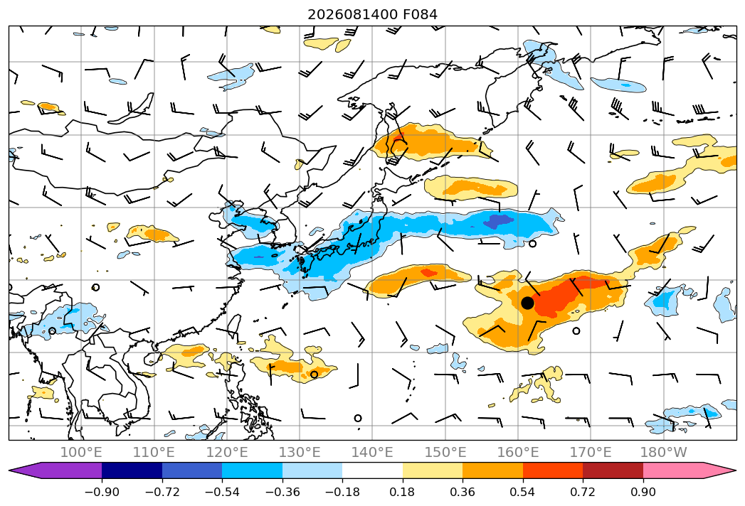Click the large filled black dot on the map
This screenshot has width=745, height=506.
tap(527, 303)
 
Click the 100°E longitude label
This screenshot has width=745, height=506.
tap(81, 452)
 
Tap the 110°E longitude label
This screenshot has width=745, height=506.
tap(154, 452)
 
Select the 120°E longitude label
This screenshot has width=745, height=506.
tap(227, 452)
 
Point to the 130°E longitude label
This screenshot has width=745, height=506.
tap(300, 452)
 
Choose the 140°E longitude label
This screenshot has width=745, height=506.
tap(372, 452)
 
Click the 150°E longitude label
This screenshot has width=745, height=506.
tap(445, 452)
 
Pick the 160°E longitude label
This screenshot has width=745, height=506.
tap(518, 452)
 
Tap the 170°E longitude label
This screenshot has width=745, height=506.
tap(591, 452)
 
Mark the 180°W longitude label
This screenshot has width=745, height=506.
tap(664, 452)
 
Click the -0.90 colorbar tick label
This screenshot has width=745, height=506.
tap(102, 492)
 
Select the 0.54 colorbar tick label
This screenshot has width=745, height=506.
tap(523, 492)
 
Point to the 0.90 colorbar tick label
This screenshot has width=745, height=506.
tap(643, 492)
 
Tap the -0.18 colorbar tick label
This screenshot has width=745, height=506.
tap(342, 492)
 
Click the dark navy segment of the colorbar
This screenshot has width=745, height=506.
tap(132, 470)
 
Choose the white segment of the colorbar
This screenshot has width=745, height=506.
tap(373, 470)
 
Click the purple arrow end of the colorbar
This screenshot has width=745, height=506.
tap(56, 470)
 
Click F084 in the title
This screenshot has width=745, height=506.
tap(420, 15)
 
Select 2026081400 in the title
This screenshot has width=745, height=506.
tap(352, 15)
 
